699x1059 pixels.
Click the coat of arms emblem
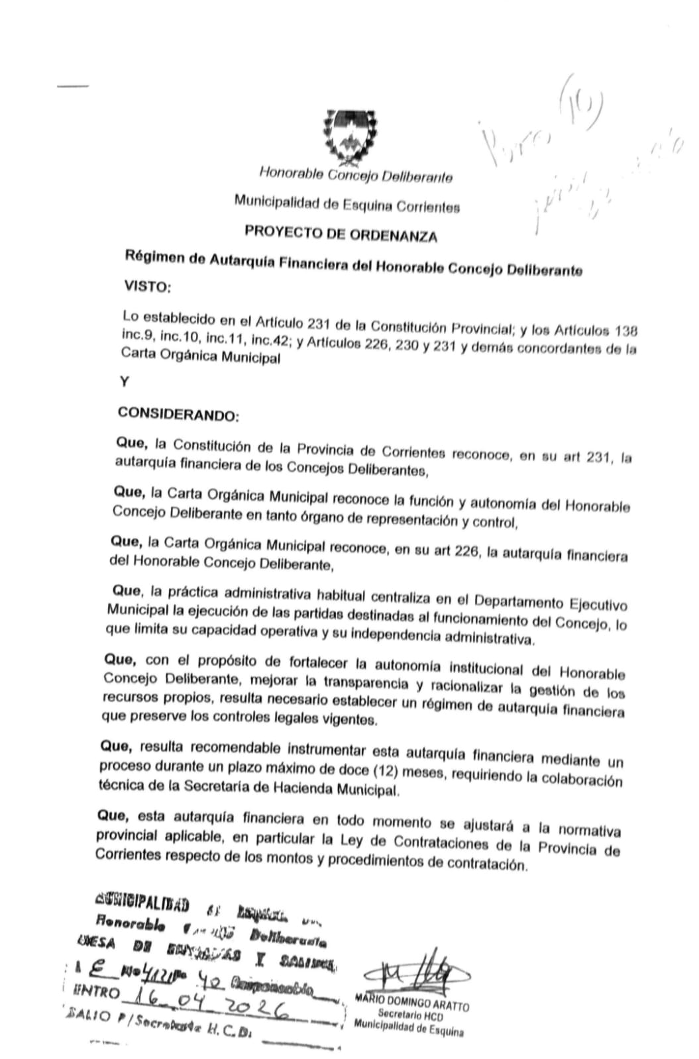coord(349,137)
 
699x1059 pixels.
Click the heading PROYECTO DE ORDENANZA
coord(341,234)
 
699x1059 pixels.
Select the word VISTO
coord(147,287)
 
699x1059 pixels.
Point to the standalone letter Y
coord(125,382)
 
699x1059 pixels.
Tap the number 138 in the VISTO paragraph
coord(626,330)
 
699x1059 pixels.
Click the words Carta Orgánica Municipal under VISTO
coord(200,358)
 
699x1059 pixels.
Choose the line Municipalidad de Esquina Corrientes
coord(347,205)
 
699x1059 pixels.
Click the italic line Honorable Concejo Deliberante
coord(355,176)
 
